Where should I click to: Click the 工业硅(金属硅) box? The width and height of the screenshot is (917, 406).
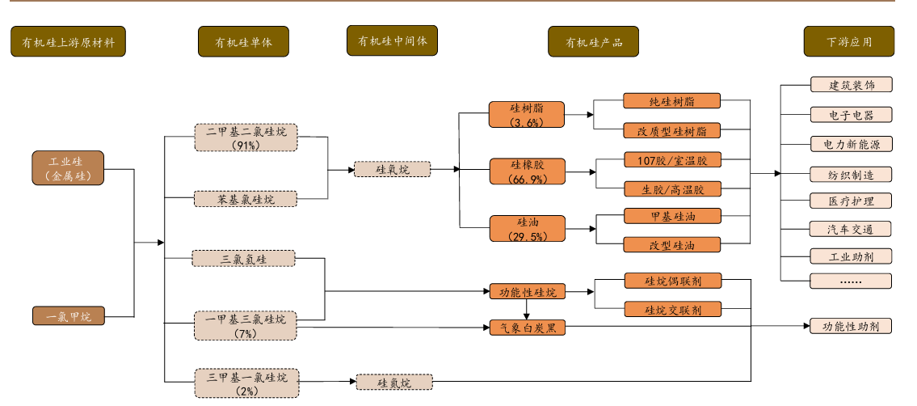click(x=69, y=167)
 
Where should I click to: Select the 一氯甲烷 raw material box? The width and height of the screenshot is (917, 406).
click(x=69, y=316)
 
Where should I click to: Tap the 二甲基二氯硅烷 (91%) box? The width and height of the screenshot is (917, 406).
click(x=246, y=137)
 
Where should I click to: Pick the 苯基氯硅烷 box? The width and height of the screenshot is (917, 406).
click(x=246, y=199)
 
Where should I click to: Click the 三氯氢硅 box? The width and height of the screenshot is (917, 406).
click(x=244, y=259)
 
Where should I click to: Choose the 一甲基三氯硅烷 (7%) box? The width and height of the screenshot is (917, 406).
click(x=246, y=325)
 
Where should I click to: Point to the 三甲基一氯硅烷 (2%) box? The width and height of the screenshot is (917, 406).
click(x=246, y=383)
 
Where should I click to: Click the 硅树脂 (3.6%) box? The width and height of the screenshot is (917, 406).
click(x=527, y=115)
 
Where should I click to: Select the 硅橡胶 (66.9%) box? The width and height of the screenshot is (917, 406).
click(x=527, y=171)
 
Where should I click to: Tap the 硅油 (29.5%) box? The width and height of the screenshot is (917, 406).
click(x=527, y=228)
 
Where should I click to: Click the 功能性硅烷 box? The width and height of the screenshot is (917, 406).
click(x=527, y=291)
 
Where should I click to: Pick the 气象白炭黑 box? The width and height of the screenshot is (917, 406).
click(x=527, y=328)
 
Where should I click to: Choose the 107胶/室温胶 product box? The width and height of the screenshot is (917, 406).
click(x=672, y=160)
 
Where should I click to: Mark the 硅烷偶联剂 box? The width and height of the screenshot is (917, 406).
click(x=672, y=281)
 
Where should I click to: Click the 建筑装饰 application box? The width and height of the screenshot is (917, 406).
click(x=851, y=85)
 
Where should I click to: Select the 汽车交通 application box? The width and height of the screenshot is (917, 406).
click(x=851, y=229)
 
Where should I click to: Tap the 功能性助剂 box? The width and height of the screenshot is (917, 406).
click(x=851, y=327)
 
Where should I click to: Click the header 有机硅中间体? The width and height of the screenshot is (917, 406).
click(x=393, y=40)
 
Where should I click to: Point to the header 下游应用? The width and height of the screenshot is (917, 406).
click(x=848, y=41)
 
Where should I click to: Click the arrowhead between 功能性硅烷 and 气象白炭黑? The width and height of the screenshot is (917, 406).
click(x=527, y=315)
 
